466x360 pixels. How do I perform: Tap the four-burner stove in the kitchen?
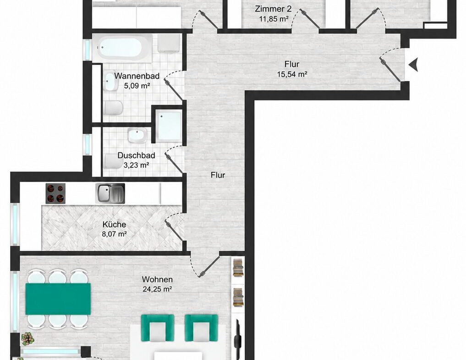pos(55,194)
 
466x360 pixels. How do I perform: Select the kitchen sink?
pos(110,194)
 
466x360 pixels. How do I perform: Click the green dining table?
pos(58,299)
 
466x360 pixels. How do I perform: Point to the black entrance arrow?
pos(414,65)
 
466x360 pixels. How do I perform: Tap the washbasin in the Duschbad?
pos(137,135)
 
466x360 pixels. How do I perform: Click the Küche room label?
pos(114,224)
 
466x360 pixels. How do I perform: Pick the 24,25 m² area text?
pos(158,289)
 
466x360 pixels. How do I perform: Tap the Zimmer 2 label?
pos(273,9)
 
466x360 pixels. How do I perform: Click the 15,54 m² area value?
pos(292,74)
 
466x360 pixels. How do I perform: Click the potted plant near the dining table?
pos(28,338)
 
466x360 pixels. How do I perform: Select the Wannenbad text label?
pos(137,76)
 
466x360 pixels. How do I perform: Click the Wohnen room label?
pos(157,279)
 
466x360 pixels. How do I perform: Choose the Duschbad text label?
pos(136,155)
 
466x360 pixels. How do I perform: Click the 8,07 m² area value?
pos(115,234)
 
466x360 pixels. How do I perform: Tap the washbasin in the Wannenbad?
pos(110,81)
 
